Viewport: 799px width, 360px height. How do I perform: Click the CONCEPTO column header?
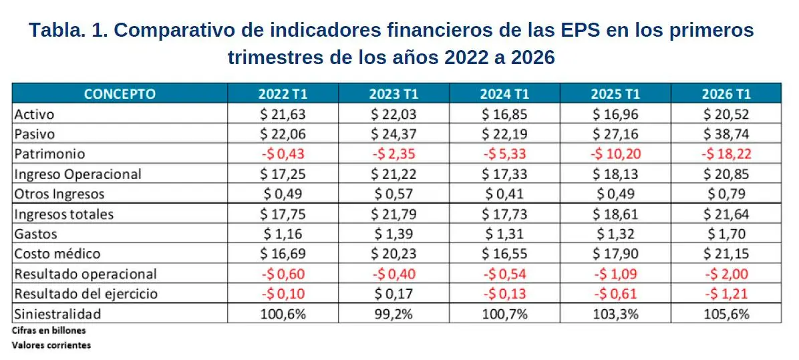click(x=120, y=94)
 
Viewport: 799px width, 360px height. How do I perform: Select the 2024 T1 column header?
click(x=504, y=94)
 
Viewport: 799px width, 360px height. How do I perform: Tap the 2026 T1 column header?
click(x=726, y=94)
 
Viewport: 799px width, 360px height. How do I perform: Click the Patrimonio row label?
click(x=50, y=154)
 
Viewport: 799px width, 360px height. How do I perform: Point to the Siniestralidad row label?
click(x=57, y=314)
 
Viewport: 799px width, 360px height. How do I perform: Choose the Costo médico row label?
click(x=57, y=254)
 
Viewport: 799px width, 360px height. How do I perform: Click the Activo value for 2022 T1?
click(x=283, y=114)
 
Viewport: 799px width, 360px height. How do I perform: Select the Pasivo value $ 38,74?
click(x=726, y=134)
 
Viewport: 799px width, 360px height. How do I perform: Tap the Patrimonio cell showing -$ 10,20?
click(x=615, y=154)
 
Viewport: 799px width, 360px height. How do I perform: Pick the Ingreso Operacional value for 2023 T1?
click(x=393, y=174)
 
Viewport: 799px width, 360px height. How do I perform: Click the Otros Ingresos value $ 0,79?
click(x=726, y=194)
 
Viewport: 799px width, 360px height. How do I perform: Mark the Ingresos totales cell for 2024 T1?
click(x=504, y=214)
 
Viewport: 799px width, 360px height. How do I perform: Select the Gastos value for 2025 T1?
click(x=615, y=234)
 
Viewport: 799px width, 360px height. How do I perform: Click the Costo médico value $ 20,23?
click(x=393, y=254)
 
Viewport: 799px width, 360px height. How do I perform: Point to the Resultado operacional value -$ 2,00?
click(x=726, y=274)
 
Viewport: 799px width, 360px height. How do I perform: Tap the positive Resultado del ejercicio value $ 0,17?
click(x=393, y=294)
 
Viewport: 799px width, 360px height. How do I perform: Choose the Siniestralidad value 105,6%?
click(x=726, y=314)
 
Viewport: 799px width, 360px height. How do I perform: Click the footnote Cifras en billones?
click(x=49, y=330)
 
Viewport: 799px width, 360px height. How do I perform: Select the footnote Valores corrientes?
click(x=51, y=345)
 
